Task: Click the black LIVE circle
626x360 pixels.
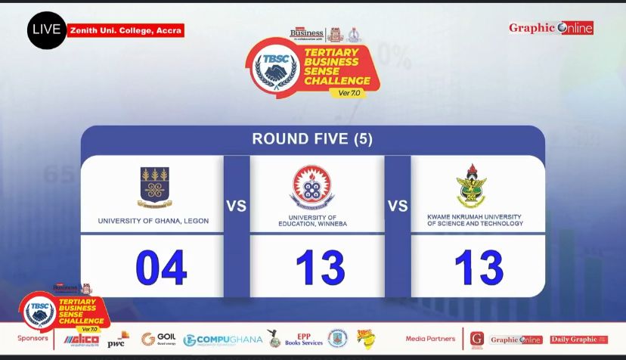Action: point(46,30)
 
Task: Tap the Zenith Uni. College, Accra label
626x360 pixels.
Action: point(126,31)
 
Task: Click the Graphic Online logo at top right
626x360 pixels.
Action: point(550,28)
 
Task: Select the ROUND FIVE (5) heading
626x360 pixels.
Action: point(312,139)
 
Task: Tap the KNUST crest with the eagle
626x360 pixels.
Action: point(472,186)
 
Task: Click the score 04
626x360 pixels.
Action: point(161,267)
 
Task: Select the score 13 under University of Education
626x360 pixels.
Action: point(320,267)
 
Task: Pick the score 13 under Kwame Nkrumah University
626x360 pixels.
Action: point(479,267)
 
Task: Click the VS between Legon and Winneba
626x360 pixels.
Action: point(237,206)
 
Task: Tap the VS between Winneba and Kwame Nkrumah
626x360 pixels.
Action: point(398,206)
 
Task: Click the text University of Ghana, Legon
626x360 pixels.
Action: point(153,221)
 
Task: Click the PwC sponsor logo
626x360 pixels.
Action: point(116,340)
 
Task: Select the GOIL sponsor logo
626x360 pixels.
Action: point(159,338)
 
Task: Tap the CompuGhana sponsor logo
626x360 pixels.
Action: point(223,340)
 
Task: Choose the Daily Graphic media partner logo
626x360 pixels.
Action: point(578,340)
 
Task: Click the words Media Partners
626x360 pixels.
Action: point(431,339)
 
